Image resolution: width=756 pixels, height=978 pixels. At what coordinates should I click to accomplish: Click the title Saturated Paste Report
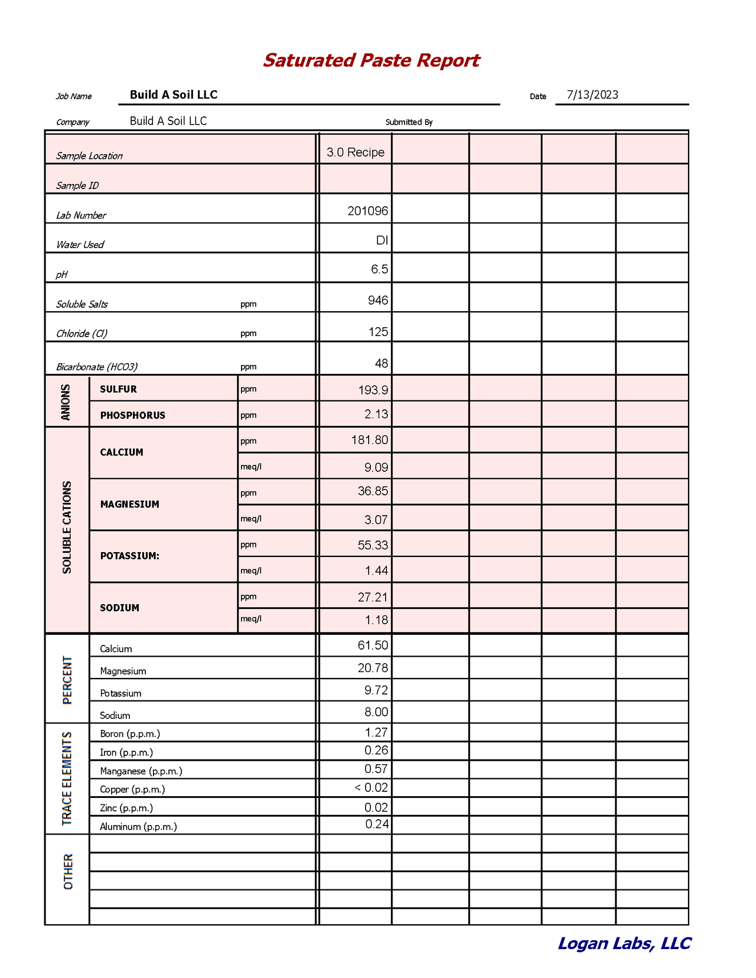(x=371, y=60)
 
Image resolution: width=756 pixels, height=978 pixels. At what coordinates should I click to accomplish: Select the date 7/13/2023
(x=592, y=94)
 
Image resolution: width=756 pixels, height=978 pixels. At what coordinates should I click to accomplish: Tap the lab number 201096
(x=367, y=211)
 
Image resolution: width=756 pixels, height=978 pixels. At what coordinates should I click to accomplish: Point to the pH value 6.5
(x=379, y=269)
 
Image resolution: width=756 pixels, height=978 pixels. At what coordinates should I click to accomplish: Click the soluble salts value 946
(x=377, y=300)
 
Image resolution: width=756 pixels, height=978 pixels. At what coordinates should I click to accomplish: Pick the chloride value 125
(x=378, y=332)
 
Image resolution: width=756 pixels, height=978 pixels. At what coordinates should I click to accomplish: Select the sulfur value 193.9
(x=373, y=390)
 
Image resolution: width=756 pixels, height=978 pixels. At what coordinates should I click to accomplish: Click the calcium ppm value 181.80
(x=369, y=440)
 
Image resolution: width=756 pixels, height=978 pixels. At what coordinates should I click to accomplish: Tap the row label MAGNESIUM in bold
(x=129, y=504)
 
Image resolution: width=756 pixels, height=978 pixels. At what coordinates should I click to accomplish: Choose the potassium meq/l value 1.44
(x=376, y=570)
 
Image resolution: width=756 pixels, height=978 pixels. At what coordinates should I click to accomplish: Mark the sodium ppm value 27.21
(x=373, y=597)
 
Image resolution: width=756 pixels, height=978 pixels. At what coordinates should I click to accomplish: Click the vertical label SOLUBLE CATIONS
(x=67, y=527)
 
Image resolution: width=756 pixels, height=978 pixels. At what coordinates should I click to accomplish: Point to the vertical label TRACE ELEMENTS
(x=67, y=778)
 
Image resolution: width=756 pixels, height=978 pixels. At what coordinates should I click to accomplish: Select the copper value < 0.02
(x=371, y=787)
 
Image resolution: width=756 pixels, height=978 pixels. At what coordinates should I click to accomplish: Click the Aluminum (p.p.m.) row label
(x=138, y=826)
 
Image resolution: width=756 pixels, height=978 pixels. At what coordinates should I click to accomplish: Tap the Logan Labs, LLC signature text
(x=624, y=943)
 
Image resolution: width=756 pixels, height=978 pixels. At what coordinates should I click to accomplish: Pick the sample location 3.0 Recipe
(x=355, y=152)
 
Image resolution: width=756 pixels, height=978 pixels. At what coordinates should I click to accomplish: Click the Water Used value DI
(x=382, y=240)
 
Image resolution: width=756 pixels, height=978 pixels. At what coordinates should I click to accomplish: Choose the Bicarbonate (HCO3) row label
(x=97, y=367)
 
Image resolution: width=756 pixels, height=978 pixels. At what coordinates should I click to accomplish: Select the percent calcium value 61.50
(x=373, y=645)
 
